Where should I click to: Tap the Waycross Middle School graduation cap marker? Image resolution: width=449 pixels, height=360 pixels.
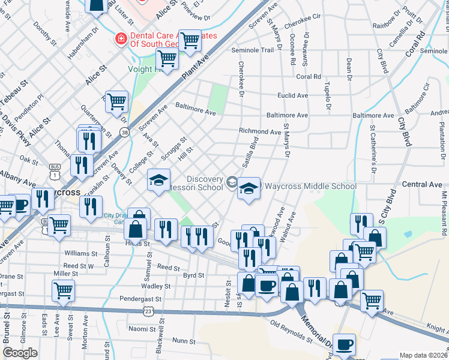click(x=249, y=190)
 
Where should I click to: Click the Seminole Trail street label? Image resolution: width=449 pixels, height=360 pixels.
click(x=252, y=50)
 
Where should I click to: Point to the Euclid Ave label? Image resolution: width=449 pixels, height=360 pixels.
click(x=292, y=95)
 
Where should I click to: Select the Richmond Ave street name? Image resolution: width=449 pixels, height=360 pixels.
click(x=259, y=131)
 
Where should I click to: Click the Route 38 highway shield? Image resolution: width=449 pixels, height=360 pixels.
click(x=124, y=132)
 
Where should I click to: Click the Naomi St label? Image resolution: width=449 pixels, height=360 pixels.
click(x=142, y=329)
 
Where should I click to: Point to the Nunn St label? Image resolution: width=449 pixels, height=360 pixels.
click(x=180, y=341)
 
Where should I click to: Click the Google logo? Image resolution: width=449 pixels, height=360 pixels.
click(x=20, y=353)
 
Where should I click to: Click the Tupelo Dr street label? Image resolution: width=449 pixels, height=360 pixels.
click(x=328, y=95)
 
